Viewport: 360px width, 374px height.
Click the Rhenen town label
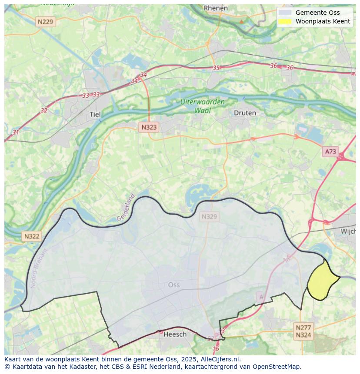[216, 8]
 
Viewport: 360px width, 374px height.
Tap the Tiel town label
[95, 114]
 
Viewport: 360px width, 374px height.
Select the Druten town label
[245, 113]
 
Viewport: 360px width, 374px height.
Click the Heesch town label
[175, 334]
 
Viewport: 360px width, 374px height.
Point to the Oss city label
[173, 285]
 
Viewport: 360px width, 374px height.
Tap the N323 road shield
[149, 127]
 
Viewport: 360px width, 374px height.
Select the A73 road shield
[330, 152]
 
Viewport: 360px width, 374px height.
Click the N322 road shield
[32, 236]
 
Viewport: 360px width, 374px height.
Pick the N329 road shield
[209, 216]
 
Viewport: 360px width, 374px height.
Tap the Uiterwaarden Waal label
[203, 106]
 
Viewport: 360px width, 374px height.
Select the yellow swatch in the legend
[285, 21]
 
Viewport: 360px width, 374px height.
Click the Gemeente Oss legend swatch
[285, 13]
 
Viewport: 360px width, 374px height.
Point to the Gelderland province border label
[126, 208]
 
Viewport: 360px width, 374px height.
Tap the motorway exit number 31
[16, 132]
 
